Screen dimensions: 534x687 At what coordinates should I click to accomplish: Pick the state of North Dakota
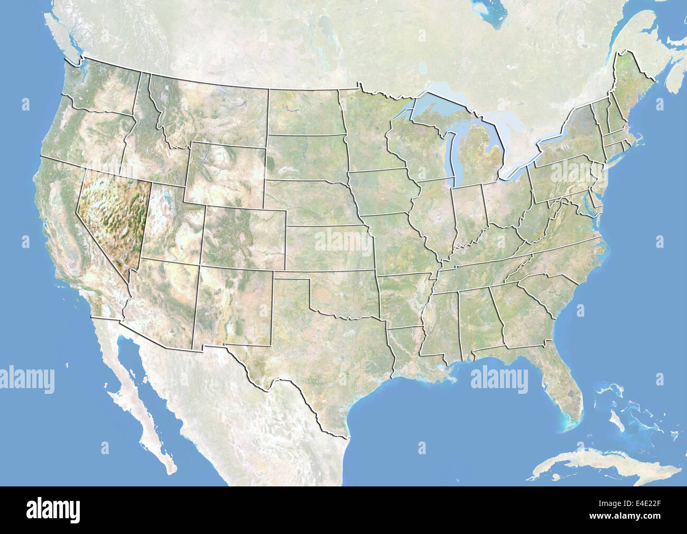pyautogui.click(x=304, y=111)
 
